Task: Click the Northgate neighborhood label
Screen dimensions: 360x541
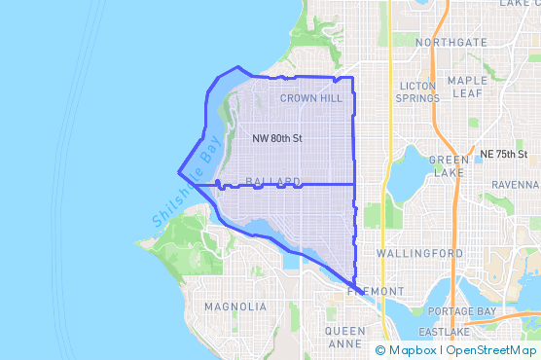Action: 451,43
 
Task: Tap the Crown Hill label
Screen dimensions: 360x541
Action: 310,98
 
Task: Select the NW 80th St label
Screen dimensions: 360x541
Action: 277,139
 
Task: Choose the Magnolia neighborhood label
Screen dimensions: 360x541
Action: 235,306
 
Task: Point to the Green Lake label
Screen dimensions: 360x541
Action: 449,166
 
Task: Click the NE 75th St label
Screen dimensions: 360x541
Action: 503,155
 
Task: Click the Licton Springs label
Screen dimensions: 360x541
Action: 418,92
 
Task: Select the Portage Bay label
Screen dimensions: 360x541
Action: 463,310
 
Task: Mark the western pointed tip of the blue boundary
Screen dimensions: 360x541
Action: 179,173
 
